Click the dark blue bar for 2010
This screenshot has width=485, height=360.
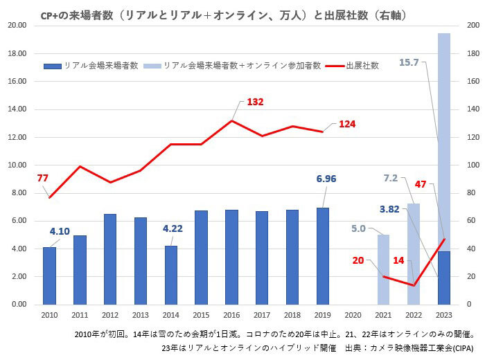(49, 276)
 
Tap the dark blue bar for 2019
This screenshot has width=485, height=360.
(323, 256)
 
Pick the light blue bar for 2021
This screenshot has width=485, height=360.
(383, 269)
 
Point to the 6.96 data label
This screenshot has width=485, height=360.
(326, 179)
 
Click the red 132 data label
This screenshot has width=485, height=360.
(255, 102)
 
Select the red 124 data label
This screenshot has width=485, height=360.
(348, 124)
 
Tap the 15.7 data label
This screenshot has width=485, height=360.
(409, 62)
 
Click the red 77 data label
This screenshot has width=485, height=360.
(43, 178)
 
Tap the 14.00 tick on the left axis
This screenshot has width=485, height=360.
(17, 109)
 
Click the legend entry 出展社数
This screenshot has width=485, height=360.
(362, 65)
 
